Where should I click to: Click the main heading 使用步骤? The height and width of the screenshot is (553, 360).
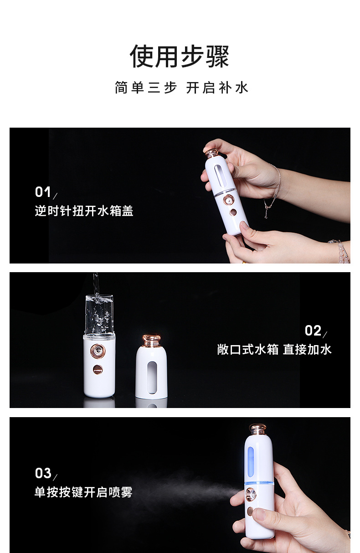(180, 57)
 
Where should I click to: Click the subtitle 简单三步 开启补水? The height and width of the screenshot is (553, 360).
(181, 88)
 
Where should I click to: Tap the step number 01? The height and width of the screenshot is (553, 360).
(43, 192)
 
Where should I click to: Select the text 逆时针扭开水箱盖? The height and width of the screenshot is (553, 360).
(84, 211)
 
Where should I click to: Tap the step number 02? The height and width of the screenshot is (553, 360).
(313, 331)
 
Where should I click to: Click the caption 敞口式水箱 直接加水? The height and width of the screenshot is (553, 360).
(274, 350)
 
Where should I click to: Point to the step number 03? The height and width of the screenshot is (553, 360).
(43, 473)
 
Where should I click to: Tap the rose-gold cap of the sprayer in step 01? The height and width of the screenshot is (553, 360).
(211, 153)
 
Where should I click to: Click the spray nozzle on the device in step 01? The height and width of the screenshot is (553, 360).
(227, 199)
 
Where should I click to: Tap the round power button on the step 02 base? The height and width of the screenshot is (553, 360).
(98, 369)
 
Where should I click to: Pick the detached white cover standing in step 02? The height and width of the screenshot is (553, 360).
(151, 369)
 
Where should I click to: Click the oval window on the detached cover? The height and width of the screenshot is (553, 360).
(151, 374)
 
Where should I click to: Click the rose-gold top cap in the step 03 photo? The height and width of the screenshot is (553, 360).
(257, 429)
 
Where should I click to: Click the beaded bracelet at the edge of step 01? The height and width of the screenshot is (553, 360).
(341, 251)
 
